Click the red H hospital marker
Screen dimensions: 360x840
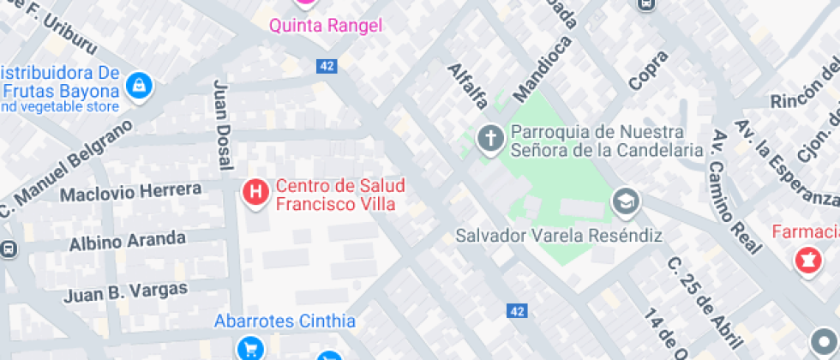(x=255, y=192)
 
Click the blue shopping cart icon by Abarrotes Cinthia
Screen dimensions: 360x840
(x=250, y=348)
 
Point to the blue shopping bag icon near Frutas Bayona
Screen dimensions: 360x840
(x=137, y=85)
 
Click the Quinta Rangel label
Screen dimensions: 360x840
(x=326, y=26)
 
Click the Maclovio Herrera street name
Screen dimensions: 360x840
(x=131, y=193)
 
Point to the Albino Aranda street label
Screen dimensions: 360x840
(x=128, y=240)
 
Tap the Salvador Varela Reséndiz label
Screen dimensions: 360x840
(x=559, y=235)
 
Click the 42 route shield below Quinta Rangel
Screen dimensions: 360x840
(x=327, y=66)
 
